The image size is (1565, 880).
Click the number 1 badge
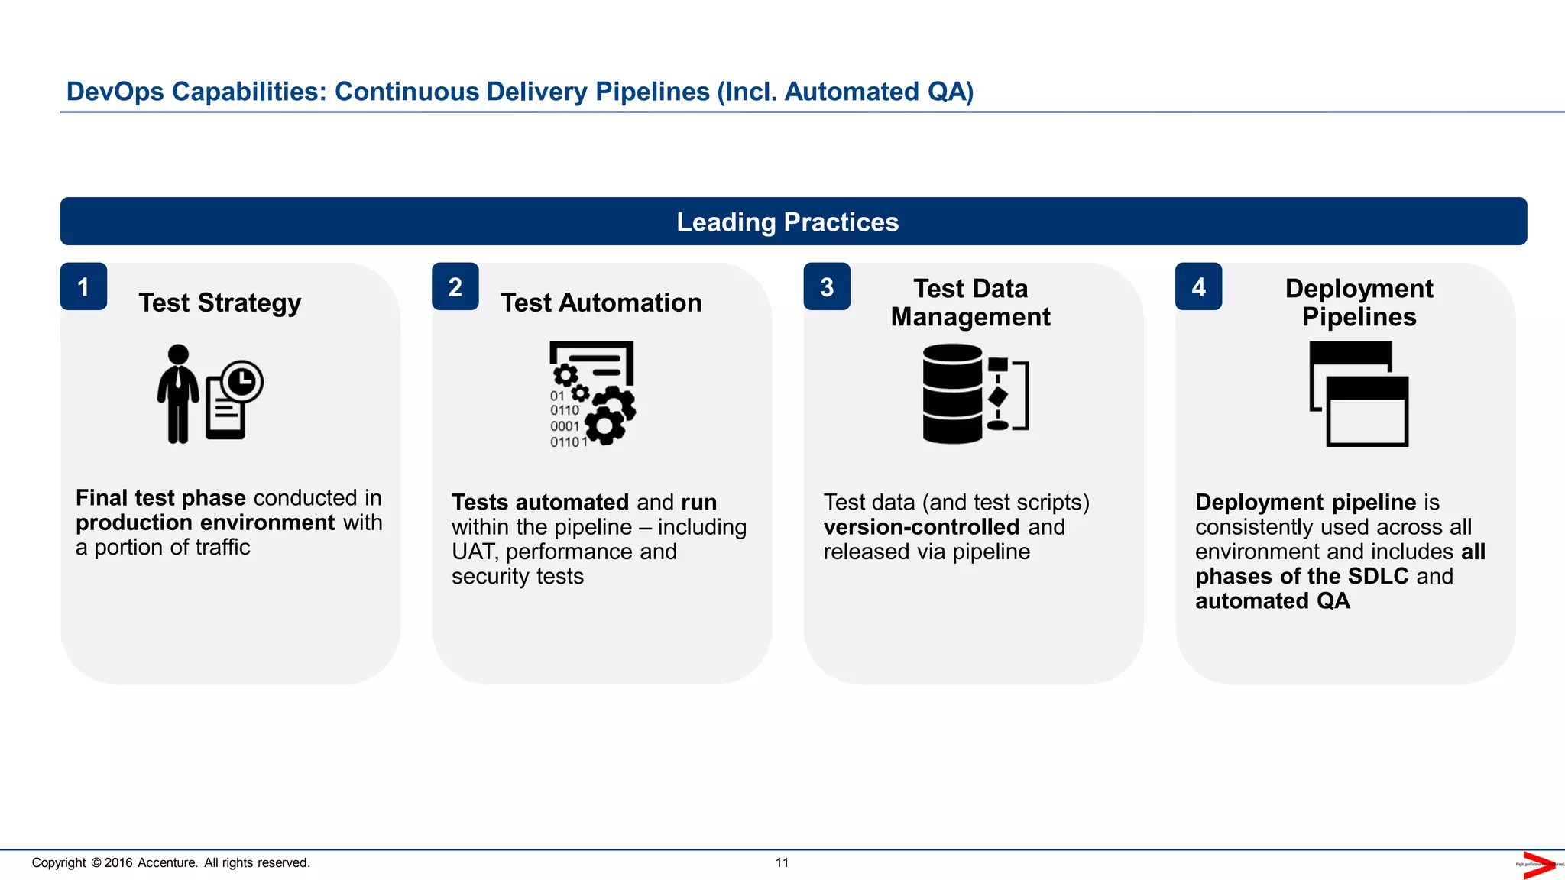click(x=83, y=287)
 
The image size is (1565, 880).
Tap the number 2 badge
click(x=455, y=287)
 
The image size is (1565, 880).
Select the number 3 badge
click(x=827, y=287)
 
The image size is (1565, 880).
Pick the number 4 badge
click(x=1198, y=287)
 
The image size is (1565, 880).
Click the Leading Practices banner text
click(x=787, y=222)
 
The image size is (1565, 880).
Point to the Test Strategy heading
click(x=220, y=303)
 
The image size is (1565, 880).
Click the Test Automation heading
click(x=601, y=303)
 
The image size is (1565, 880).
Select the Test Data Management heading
click(x=970, y=302)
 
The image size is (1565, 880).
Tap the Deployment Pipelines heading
click(x=1359, y=302)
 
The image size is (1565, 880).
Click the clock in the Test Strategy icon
click(x=242, y=381)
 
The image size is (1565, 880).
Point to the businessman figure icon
click(x=178, y=394)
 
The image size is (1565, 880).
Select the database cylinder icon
click(x=952, y=393)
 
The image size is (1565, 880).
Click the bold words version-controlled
click(x=921, y=527)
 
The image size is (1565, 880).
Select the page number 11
click(x=782, y=862)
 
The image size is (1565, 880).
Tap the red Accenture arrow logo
click(x=1537, y=865)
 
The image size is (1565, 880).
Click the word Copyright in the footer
click(x=59, y=862)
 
